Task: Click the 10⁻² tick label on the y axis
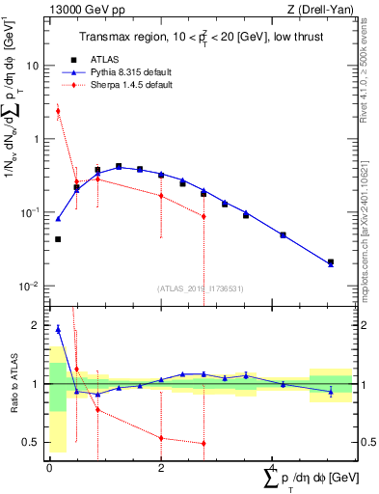[x=31, y=286]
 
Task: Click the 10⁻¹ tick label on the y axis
[x=31, y=212]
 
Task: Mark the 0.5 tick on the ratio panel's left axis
[x=32, y=443]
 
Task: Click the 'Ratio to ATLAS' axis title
[x=12, y=384]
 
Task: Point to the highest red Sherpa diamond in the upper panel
[x=58, y=111]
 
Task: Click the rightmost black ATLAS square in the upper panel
[x=330, y=261]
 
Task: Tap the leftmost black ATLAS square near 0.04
[x=58, y=239]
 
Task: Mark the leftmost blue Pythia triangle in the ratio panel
[x=58, y=329]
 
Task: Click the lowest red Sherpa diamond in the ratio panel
[x=203, y=444]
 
